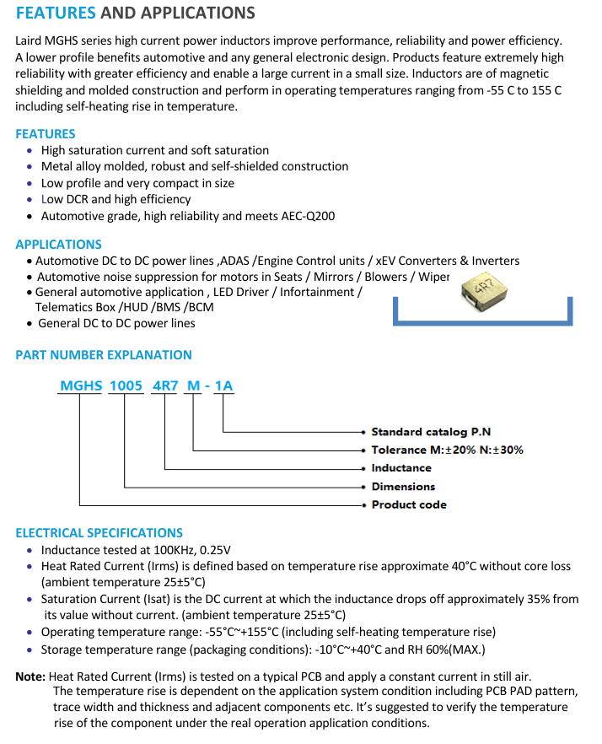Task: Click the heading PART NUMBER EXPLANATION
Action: pyautogui.click(x=104, y=355)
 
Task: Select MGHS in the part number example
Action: pyautogui.click(x=81, y=386)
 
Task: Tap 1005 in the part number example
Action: pyautogui.click(x=126, y=386)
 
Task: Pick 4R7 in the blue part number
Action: pyautogui.click(x=164, y=386)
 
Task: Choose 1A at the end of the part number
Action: pyautogui.click(x=223, y=386)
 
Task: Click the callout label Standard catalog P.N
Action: pyautogui.click(x=431, y=432)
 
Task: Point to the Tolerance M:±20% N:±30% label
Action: pyautogui.click(x=447, y=450)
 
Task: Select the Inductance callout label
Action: pyautogui.click(x=401, y=468)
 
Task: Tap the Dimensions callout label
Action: pyautogui.click(x=403, y=487)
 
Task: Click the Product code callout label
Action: pyautogui.click(x=409, y=504)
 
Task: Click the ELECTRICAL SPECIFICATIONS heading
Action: pyautogui.click(x=99, y=533)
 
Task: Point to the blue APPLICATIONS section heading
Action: pyautogui.click(x=58, y=245)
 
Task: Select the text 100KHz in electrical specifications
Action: pyautogui.click(x=167, y=550)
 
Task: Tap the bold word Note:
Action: pyautogui.click(x=30, y=677)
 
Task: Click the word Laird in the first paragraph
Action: pyautogui.click(x=30, y=41)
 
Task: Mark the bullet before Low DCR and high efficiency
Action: pyautogui.click(x=30, y=200)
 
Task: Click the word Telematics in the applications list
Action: pyautogui.click(x=66, y=307)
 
